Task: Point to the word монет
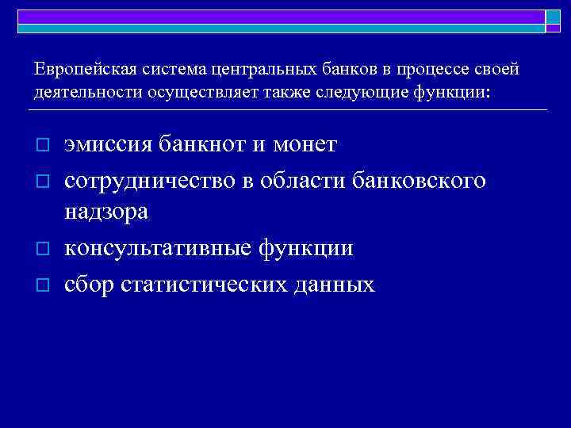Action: click(x=305, y=145)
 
